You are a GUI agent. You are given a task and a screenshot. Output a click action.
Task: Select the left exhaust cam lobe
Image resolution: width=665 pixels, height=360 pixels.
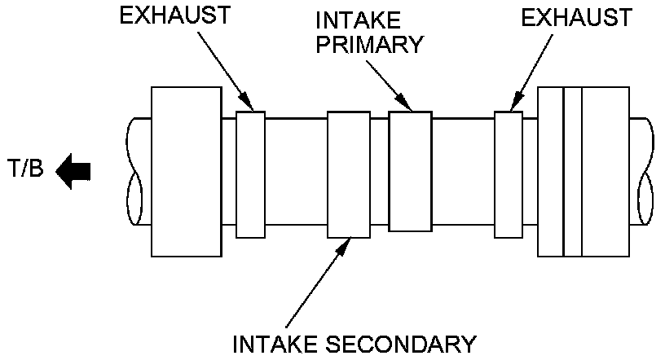point(250,174)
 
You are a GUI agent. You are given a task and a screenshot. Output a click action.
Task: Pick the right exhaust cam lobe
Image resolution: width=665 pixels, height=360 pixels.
point(509,174)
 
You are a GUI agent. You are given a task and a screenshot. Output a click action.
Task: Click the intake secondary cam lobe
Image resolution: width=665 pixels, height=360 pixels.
point(350,174)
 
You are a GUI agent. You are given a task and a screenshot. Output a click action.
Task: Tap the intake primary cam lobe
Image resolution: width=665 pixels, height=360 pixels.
point(410,172)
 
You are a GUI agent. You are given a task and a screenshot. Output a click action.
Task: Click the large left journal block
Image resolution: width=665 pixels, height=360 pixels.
point(186,172)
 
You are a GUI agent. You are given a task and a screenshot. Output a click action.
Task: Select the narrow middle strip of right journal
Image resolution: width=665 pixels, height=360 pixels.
point(573,172)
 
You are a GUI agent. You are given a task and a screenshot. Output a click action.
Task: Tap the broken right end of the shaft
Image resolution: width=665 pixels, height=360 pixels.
point(642,172)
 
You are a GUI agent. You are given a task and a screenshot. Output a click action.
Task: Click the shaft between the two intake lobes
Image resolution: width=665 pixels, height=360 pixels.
point(381,172)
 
